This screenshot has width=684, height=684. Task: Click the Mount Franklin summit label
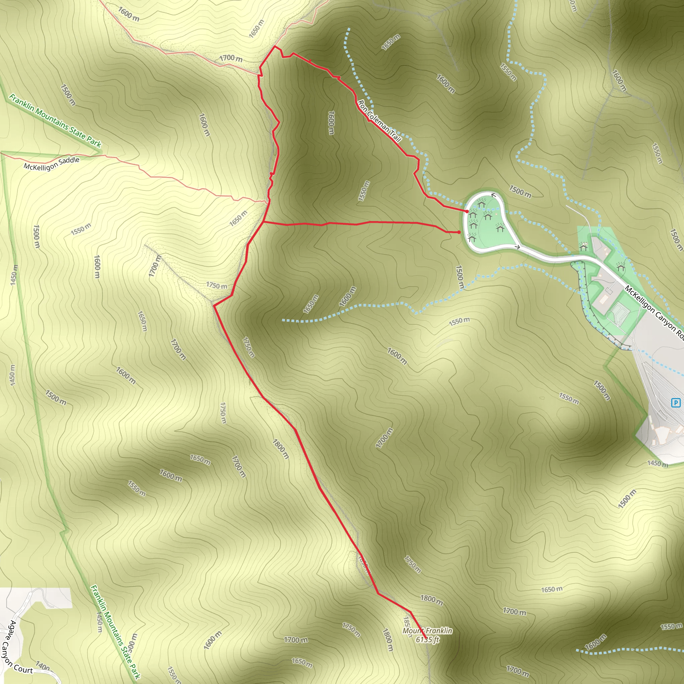tap(427, 631)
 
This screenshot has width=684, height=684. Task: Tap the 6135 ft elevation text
tap(427, 639)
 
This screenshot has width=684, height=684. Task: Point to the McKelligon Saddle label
tap(52, 164)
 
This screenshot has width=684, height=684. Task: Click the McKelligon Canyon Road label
tap(654, 312)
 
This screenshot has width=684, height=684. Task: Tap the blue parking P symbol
tap(676, 402)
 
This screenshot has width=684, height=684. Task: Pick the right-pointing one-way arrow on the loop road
tap(517, 247)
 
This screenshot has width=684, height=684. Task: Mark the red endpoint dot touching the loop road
tap(467, 211)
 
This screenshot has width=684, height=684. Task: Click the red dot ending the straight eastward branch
tap(459, 232)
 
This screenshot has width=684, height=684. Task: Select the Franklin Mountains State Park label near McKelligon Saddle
tap(55, 120)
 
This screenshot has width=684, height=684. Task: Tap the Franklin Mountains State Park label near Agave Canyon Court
tap(115, 632)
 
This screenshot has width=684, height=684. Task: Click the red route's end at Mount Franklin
tap(425, 639)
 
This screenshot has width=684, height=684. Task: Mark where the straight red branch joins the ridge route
tap(264, 222)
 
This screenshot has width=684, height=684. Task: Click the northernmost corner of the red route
tap(275, 46)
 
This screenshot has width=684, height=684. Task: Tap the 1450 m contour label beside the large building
tap(657, 464)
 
